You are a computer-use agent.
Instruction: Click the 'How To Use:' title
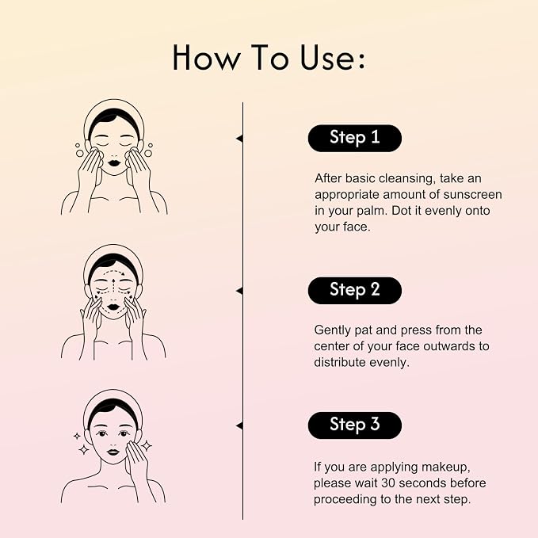click(x=269, y=58)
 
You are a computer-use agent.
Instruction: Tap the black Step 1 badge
click(x=355, y=139)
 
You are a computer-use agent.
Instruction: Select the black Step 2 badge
click(x=355, y=291)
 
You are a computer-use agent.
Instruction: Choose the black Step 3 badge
click(x=355, y=425)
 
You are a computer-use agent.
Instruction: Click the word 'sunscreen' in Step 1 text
click(x=472, y=195)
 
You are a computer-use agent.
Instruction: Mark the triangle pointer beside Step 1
click(x=239, y=139)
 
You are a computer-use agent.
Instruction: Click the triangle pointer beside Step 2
click(x=239, y=291)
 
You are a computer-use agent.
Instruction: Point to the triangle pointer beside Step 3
click(x=239, y=425)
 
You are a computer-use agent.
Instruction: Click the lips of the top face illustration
click(x=114, y=162)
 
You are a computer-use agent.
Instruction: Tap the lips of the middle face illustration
click(x=113, y=307)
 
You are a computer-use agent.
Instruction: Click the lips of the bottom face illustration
click(x=113, y=452)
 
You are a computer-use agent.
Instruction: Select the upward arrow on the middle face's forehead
click(x=114, y=284)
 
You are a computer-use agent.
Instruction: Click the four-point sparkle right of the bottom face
click(x=147, y=445)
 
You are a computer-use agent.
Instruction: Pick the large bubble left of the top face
click(x=79, y=154)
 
